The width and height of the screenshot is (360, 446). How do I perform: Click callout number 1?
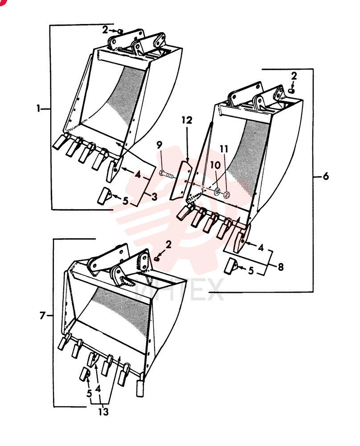click(38, 108)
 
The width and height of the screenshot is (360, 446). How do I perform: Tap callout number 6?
click(326, 176)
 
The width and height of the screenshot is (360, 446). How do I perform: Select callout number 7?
click(42, 315)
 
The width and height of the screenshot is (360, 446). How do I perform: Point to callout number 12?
click(187, 120)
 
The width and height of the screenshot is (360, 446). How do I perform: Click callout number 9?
click(160, 145)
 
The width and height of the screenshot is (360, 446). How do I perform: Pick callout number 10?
click(215, 165)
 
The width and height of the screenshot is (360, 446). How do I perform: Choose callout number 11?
click(224, 149)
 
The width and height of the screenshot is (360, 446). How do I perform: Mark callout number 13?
click(103, 411)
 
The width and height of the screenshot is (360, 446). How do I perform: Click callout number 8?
click(280, 267)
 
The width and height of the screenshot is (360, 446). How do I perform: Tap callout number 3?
click(154, 197)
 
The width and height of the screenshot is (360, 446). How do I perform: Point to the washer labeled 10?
click(217, 191)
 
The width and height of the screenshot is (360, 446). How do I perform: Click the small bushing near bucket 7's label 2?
click(157, 259)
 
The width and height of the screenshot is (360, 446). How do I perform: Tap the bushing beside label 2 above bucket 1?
click(120, 31)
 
